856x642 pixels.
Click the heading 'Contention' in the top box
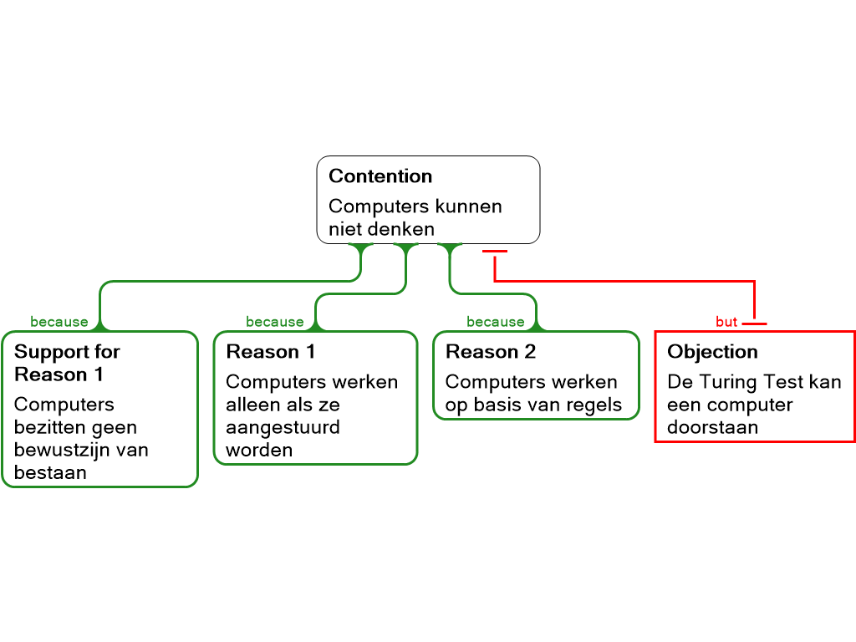(380, 176)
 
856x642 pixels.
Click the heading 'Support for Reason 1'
(67, 363)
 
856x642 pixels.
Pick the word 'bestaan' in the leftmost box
(50, 472)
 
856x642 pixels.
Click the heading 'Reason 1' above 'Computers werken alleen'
(271, 352)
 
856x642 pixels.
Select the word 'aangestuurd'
(283, 427)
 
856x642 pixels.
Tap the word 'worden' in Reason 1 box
(259, 450)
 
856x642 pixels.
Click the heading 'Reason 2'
(491, 352)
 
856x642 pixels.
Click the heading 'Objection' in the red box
(712, 352)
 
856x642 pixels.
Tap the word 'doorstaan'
(712, 427)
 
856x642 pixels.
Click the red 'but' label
(726, 322)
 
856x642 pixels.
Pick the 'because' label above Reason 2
(495, 322)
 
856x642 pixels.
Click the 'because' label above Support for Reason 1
(59, 322)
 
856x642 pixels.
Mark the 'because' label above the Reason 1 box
(274, 322)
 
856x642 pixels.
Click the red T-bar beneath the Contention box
(495, 251)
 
